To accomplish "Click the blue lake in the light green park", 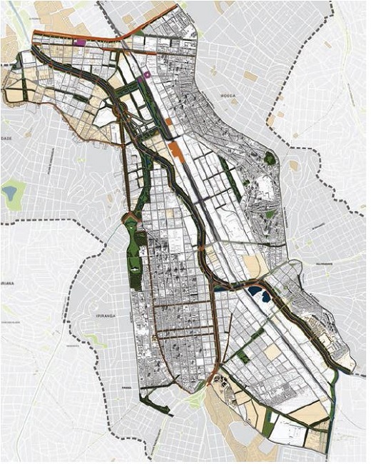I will (x=10, y=192).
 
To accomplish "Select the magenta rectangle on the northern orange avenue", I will (x=79, y=42).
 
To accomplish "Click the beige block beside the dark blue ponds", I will (x=252, y=265).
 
